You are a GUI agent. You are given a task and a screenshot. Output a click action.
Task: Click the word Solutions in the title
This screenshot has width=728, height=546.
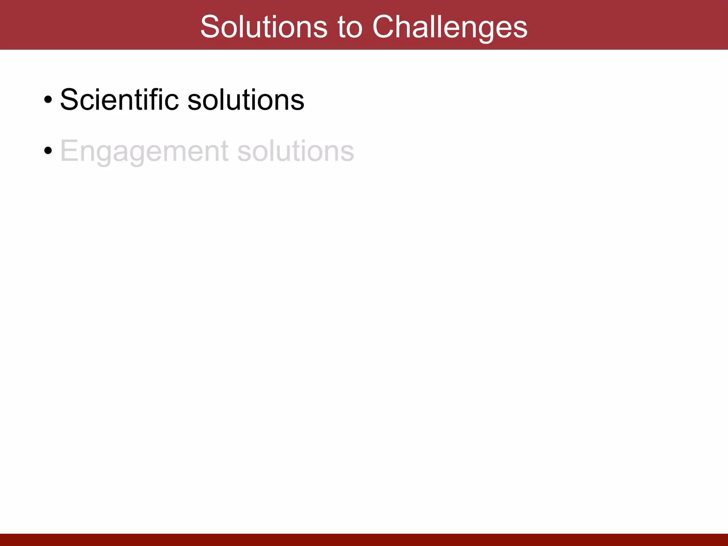click(264, 27)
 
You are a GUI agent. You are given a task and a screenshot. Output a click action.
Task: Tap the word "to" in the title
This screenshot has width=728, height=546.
click(350, 27)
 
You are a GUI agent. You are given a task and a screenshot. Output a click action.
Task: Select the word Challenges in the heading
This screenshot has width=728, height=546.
click(450, 28)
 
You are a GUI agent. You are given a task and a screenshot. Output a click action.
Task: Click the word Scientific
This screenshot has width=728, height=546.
click(119, 100)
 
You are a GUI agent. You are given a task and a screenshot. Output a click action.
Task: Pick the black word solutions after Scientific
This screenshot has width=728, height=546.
click(246, 100)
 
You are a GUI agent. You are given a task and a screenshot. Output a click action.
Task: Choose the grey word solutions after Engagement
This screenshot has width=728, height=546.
click(296, 151)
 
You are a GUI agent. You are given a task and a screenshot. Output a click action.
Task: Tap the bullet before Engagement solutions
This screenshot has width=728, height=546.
click(48, 151)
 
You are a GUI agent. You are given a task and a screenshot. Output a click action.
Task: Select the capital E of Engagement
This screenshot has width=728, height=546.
click(69, 150)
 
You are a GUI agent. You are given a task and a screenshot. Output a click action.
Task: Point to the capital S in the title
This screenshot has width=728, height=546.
click(210, 27)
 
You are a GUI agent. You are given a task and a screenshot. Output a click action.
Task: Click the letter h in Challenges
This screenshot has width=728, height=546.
click(407, 27)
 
